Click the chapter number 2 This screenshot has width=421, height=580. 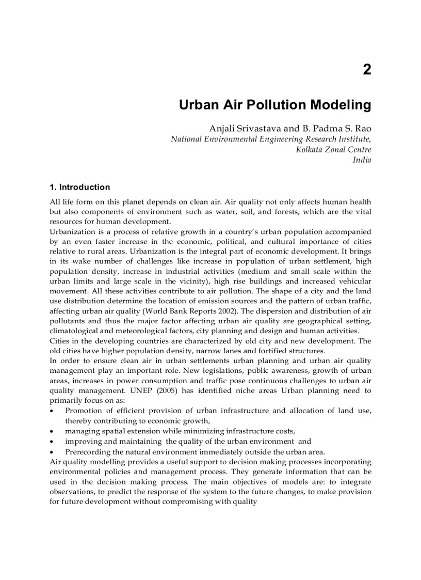coord(366,70)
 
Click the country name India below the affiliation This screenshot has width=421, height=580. coord(362,160)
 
